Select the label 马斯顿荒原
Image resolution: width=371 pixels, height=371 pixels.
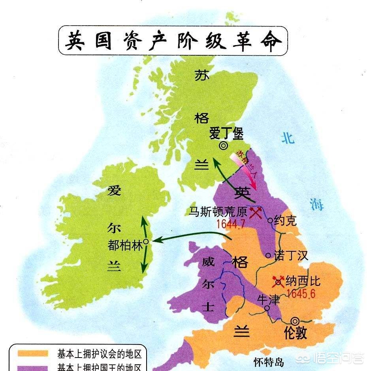pos(218,212)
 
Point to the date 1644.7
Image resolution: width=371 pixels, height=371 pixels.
pos(231,224)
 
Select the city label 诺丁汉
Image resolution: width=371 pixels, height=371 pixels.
pos(292,255)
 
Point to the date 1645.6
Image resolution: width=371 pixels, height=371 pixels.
pos(301,294)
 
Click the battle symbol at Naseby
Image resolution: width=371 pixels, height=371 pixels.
pos(278,281)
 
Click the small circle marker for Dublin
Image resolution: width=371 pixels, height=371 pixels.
pos(146,241)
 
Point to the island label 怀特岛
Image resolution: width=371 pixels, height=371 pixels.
pos(269,362)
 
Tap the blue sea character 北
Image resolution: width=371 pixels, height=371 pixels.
pos(288,138)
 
